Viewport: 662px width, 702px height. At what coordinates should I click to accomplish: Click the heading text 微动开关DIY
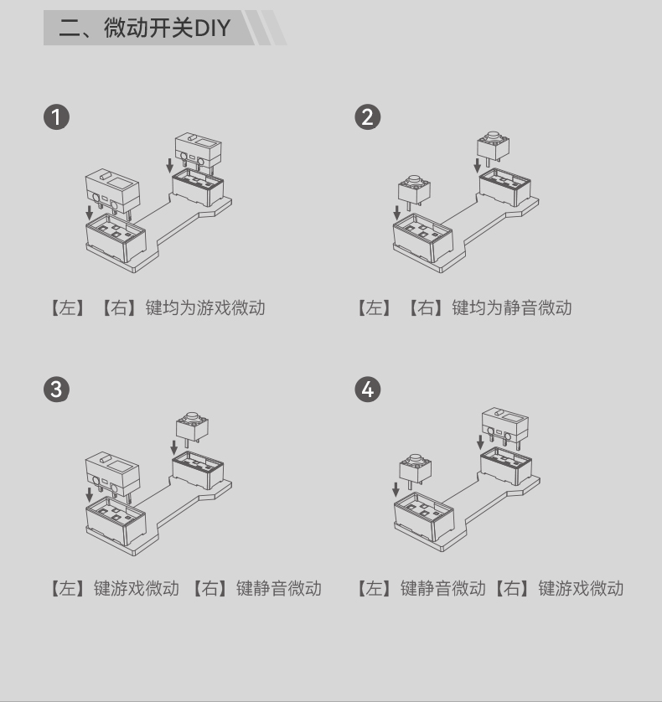coord(167,28)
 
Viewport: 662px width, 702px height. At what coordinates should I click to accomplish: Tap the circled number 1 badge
coord(56,117)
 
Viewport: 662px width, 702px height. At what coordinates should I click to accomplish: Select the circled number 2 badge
coord(368,117)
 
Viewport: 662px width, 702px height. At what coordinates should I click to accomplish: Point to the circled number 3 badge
coord(56,389)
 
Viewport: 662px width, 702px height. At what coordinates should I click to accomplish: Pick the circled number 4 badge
coord(368,389)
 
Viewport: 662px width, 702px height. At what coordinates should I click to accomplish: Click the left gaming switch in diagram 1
coord(112,193)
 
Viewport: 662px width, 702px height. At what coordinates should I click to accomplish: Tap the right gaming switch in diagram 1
coord(198,152)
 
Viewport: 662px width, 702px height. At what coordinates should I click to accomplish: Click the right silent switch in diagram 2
coord(493,147)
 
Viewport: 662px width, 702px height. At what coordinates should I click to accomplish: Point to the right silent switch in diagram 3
coord(192,428)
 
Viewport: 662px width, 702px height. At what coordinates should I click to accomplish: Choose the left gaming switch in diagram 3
coord(112,476)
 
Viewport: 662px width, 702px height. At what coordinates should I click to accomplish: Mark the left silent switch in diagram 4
coord(415,471)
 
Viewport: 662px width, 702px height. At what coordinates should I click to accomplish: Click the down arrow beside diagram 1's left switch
coord(89,213)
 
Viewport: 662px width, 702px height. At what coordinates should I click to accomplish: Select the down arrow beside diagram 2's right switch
coord(478,165)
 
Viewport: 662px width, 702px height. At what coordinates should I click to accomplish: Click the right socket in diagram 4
coord(506,466)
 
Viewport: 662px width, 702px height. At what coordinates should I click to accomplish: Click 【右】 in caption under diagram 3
coord(209,588)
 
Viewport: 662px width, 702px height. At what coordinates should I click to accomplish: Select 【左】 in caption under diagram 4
coord(374,588)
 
